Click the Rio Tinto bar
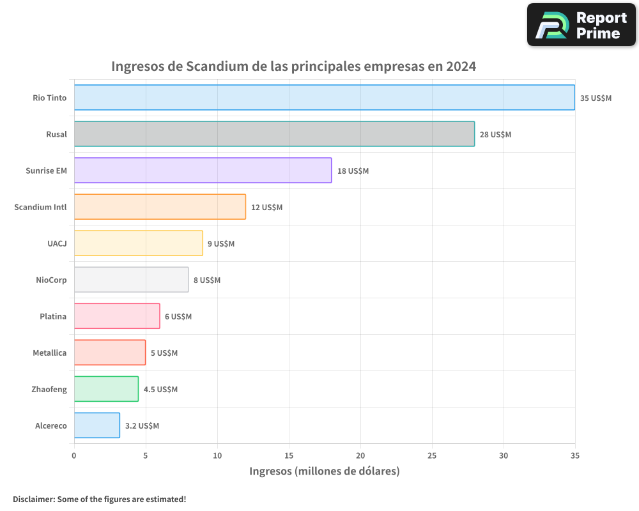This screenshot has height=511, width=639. pyautogui.click(x=324, y=98)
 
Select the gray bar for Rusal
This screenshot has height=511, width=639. pyautogui.click(x=274, y=134)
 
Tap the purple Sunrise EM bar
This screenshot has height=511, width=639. pyautogui.click(x=203, y=171)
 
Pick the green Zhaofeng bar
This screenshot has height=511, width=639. pyautogui.click(x=106, y=389)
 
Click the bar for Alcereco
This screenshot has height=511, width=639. pyautogui.click(x=96, y=425)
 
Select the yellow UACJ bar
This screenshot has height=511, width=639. pyautogui.click(x=138, y=243)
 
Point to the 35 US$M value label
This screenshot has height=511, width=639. pyautogui.click(x=596, y=98)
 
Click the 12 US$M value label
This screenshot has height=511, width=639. pyautogui.click(x=266, y=208)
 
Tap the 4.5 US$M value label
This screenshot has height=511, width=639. pyautogui.click(x=160, y=390)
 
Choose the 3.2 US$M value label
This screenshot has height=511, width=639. pyautogui.click(x=142, y=426)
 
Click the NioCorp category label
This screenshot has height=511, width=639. pyautogui.click(x=51, y=280)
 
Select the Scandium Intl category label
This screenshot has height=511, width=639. pyautogui.click(x=40, y=207)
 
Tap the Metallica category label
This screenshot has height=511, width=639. pyautogui.click(x=49, y=353)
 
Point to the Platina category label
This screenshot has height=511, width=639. pyautogui.click(x=52, y=316)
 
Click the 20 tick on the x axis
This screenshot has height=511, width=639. pyautogui.click(x=360, y=455)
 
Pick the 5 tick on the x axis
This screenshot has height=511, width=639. pyautogui.click(x=146, y=455)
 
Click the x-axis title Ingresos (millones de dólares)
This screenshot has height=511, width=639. pyautogui.click(x=324, y=471)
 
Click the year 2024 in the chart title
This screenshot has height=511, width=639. pyautogui.click(x=461, y=66)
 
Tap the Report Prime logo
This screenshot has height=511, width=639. pyautogui.click(x=581, y=25)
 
